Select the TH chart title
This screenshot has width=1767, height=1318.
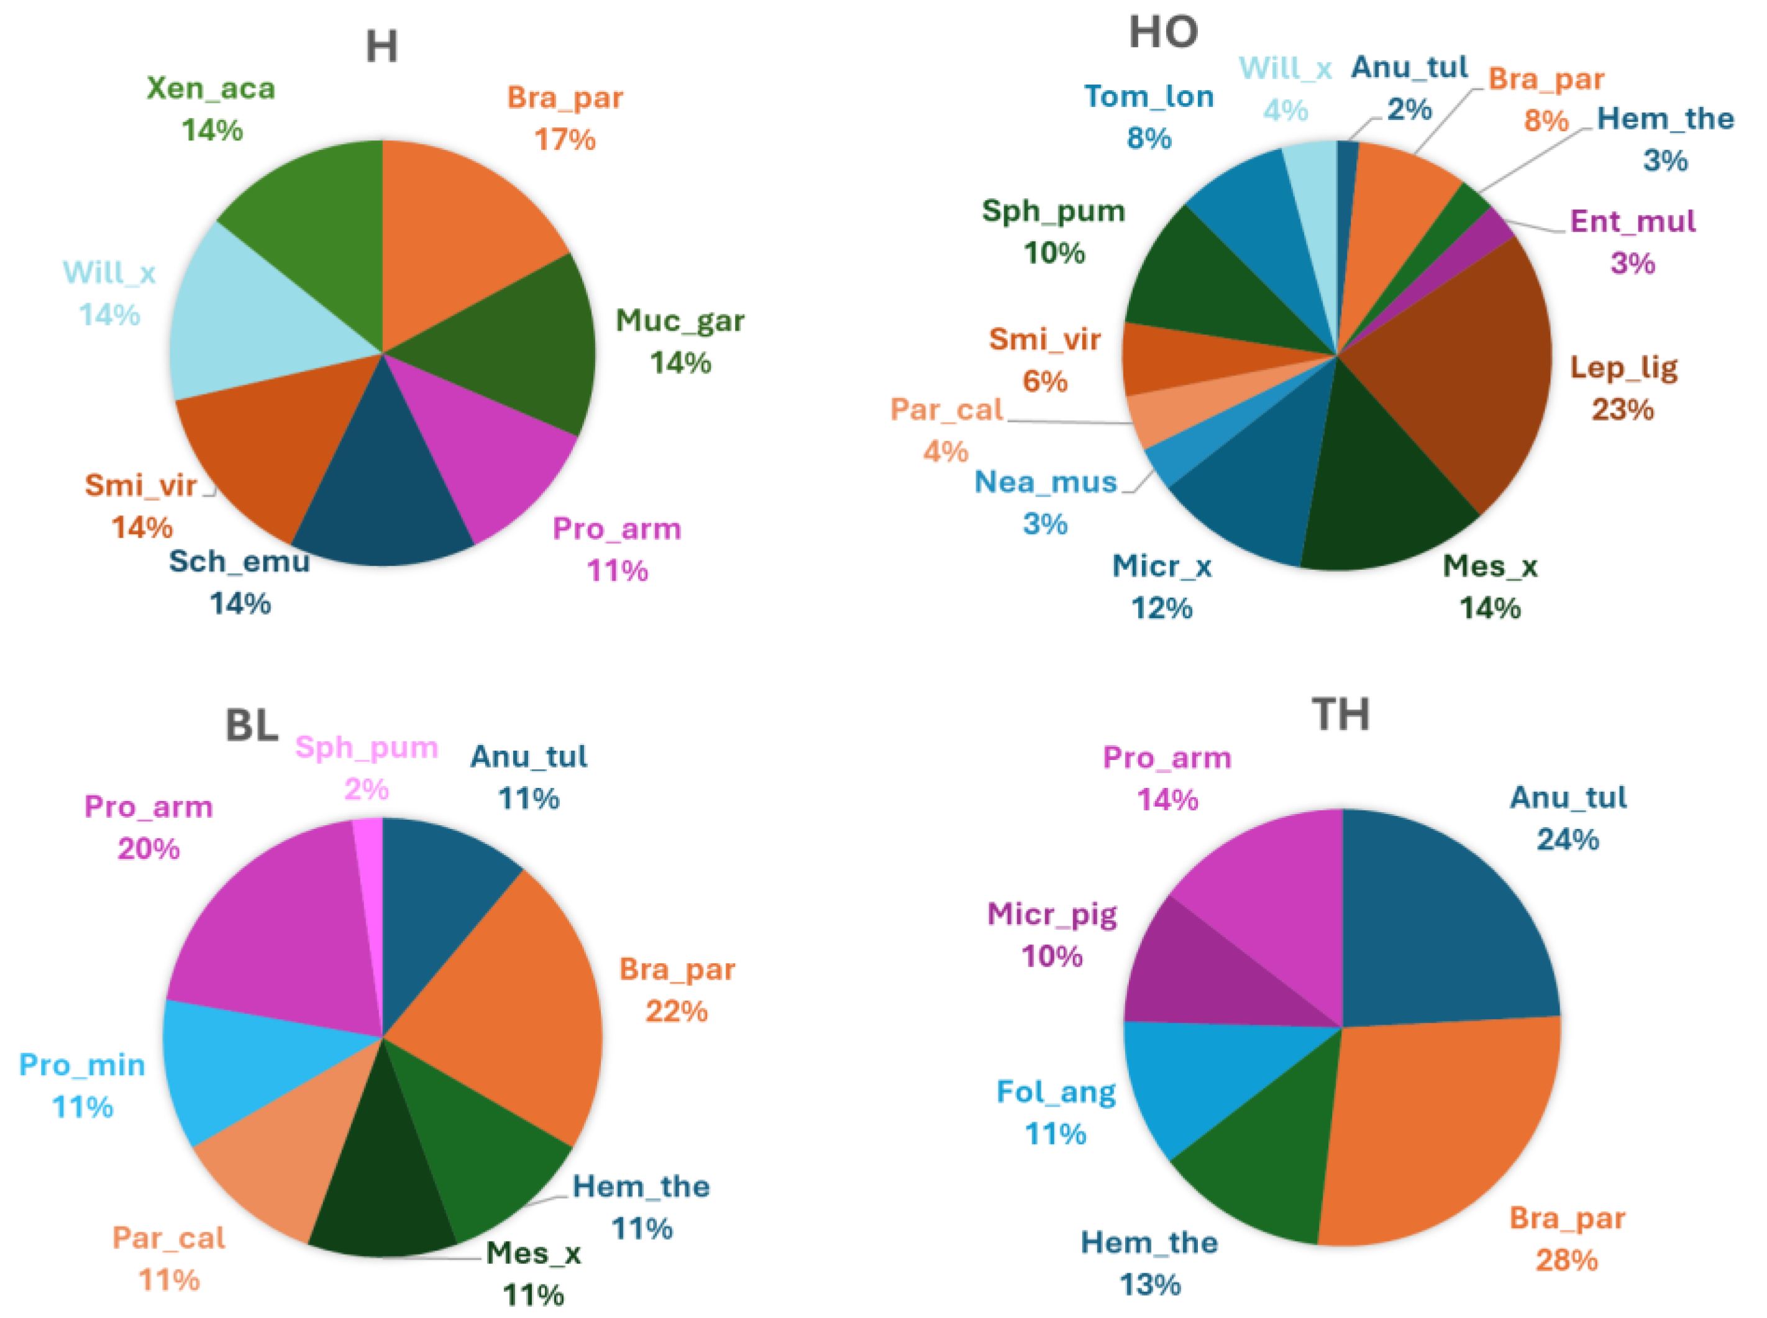pos(1340,714)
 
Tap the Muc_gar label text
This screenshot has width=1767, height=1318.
pos(680,321)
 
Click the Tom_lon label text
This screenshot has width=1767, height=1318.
pos(1149,96)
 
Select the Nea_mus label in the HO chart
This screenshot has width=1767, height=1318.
pos(1045,482)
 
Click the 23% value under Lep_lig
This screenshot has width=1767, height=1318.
pos(1623,410)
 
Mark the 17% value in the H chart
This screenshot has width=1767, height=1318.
pos(565,140)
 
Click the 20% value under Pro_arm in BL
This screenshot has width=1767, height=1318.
pos(148,848)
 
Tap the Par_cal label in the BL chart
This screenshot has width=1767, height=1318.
pos(168,1238)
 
